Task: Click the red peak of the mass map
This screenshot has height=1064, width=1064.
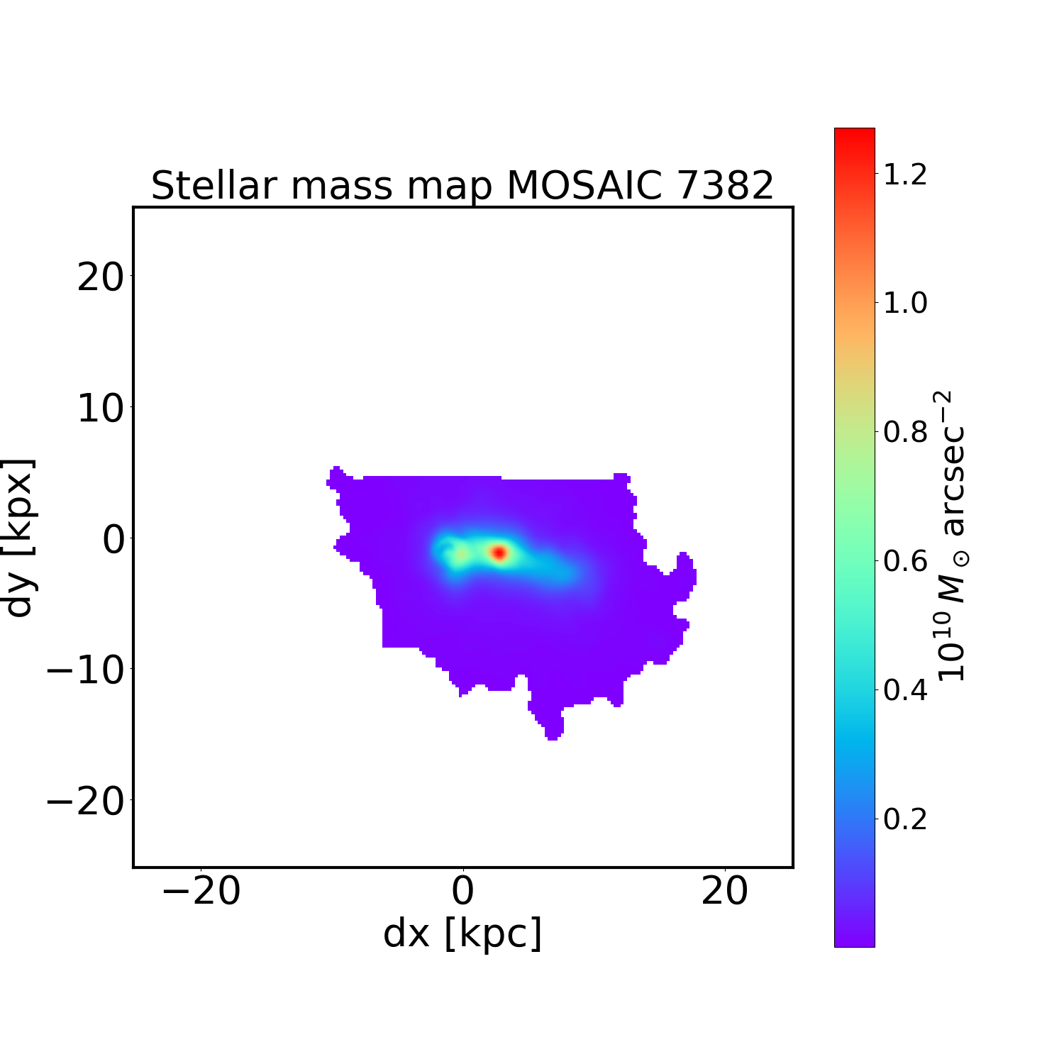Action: point(499,552)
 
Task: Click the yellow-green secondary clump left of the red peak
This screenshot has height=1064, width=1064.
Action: point(461,555)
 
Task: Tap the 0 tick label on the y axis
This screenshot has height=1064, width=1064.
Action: point(113,539)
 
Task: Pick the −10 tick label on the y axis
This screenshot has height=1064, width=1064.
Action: point(86,670)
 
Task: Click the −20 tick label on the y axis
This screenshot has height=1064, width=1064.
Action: point(86,802)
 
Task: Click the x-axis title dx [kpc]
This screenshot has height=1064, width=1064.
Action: point(462,933)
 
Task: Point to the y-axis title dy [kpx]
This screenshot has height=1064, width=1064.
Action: point(19,538)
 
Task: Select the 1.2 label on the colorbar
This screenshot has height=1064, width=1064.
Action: point(905,174)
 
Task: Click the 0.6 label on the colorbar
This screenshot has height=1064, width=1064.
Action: point(905,561)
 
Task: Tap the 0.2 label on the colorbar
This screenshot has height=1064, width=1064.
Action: point(905,819)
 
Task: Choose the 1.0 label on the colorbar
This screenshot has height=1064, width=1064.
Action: point(905,304)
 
